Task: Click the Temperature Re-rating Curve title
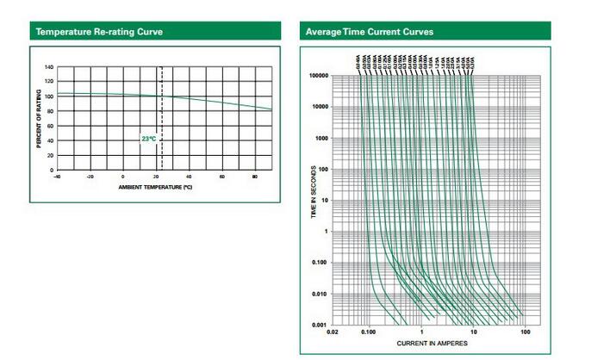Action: point(99,33)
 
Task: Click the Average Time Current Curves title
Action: point(370,33)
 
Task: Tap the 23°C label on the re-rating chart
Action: point(148,138)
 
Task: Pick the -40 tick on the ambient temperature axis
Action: point(57,176)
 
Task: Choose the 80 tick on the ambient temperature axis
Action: point(255,176)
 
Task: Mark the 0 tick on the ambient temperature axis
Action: point(122,176)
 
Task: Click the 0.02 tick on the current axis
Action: point(333,332)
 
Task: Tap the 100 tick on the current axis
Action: point(526,332)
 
